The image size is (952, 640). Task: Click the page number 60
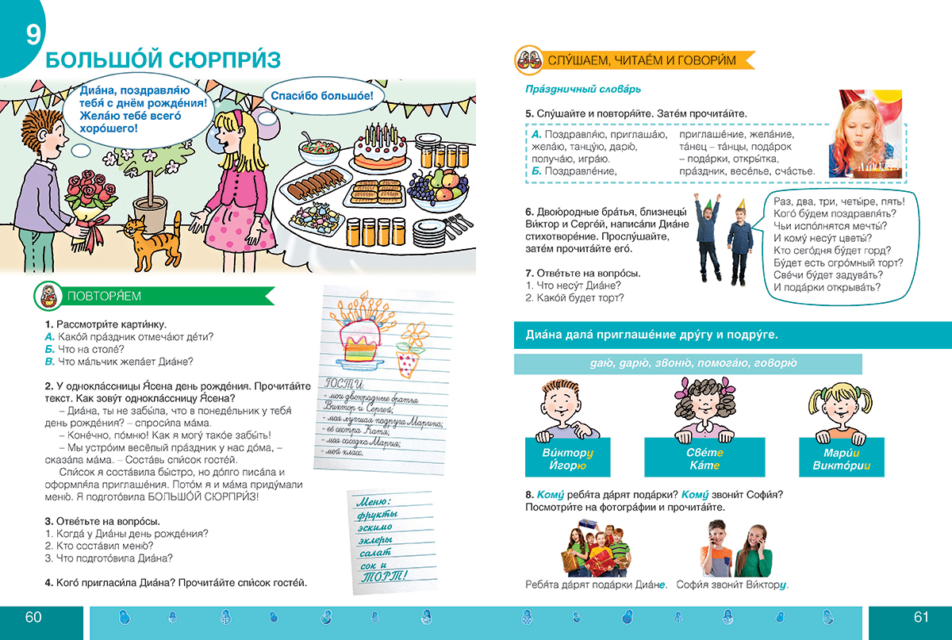33,618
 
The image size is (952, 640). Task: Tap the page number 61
920,618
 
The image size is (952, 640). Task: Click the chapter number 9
33,36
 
